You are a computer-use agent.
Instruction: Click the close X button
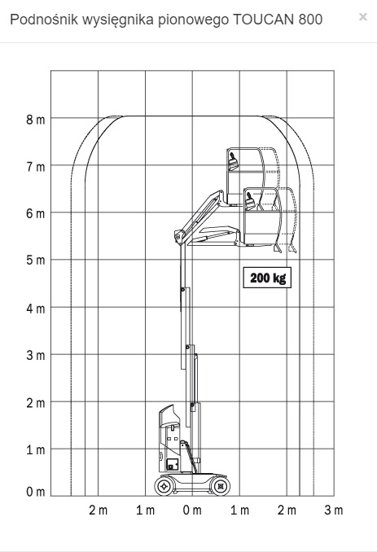363,16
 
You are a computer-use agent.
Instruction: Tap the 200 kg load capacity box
267,278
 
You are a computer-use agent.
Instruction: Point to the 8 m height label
36,120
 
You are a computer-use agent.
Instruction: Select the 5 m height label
36,261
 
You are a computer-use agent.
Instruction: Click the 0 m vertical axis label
36,492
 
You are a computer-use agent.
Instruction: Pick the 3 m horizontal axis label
333,510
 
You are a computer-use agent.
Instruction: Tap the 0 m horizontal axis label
192,510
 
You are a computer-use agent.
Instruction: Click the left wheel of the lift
164,487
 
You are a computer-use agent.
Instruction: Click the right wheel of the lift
221,487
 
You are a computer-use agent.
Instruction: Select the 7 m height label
36,167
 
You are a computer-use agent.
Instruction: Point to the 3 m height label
36,355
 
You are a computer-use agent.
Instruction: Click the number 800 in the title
310,20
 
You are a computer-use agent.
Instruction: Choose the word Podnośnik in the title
44,20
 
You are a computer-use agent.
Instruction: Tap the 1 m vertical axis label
36,450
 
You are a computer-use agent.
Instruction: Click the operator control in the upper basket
233,162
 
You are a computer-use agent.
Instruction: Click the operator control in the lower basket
250,201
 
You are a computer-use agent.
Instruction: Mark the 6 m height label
36,213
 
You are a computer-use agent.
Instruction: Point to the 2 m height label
36,403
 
